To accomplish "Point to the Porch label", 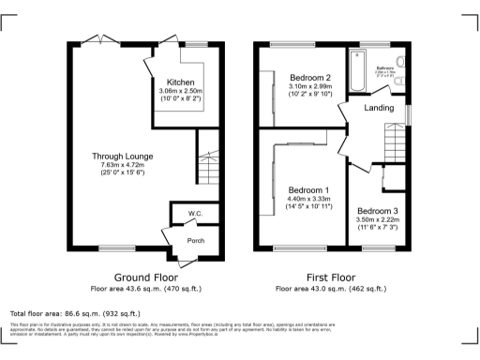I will tap(195, 240).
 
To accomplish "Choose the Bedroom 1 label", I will tap(309, 190).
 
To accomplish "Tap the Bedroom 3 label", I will tap(378, 210).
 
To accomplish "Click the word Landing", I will tap(378, 108).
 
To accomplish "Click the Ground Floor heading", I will tap(145, 278).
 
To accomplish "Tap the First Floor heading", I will tap(332, 278).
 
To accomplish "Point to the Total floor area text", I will tap(75, 313).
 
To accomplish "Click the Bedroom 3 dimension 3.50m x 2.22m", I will tap(378, 219).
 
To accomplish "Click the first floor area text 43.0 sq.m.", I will tap(332, 289).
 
